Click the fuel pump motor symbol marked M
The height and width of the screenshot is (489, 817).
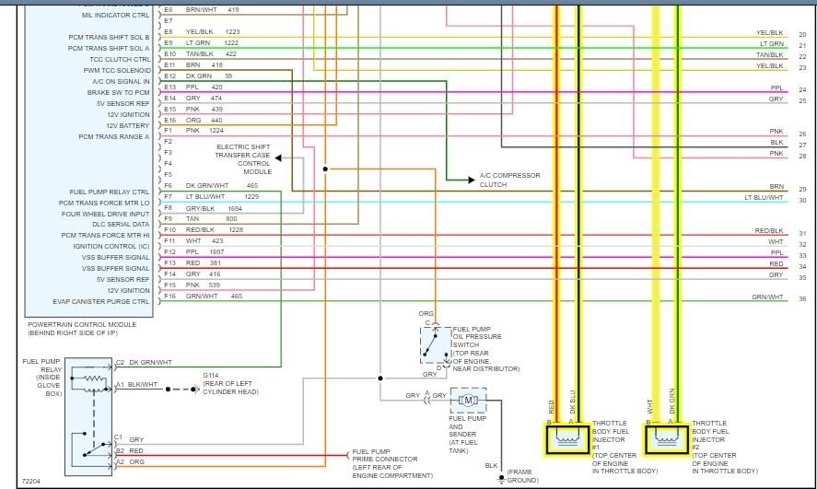[467, 400]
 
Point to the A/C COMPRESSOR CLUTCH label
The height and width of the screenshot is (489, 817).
[510, 180]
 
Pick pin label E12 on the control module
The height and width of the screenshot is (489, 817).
[169, 76]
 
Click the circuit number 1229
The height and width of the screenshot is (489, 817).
[251, 196]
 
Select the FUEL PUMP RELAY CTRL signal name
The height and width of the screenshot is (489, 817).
[116, 192]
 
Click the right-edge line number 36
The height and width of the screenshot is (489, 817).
[802, 298]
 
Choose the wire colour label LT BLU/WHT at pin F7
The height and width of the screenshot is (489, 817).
[204, 196]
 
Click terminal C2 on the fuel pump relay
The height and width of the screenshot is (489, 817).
[120, 363]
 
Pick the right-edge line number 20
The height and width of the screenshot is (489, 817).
[802, 34]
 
